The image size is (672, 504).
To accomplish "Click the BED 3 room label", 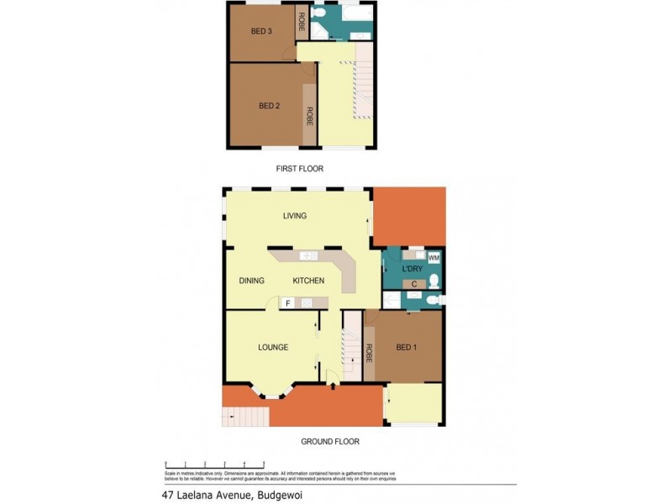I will click(x=261, y=32).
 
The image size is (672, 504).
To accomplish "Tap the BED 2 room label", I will click(x=269, y=106).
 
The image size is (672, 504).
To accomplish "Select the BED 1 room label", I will click(x=407, y=347).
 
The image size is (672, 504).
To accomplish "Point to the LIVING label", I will click(x=295, y=216).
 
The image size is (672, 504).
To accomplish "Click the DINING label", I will click(x=252, y=281).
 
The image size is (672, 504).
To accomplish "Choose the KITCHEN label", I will click(x=308, y=281).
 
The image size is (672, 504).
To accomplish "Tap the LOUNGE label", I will click(x=273, y=347).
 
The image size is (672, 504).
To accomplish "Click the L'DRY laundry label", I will click(x=412, y=269).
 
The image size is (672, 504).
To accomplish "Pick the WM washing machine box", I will click(x=433, y=258).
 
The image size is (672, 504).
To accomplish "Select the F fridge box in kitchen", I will click(x=288, y=302).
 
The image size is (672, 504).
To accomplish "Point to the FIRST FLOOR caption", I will click(x=300, y=169).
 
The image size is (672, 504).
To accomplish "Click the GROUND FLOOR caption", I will click(x=330, y=441).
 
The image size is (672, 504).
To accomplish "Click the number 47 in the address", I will click(x=170, y=496).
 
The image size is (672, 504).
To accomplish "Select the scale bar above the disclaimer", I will click(x=215, y=465).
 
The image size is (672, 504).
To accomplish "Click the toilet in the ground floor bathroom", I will click(x=432, y=299).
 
